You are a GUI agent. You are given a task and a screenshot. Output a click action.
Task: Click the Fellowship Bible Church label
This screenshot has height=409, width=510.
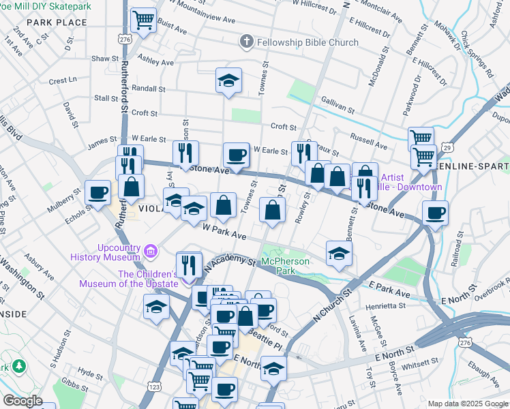click(307, 42)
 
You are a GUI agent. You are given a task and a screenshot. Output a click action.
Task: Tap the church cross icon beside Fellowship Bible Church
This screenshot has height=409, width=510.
click(246, 42)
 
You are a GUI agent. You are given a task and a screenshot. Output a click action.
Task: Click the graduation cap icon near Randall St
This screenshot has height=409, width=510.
click(229, 80)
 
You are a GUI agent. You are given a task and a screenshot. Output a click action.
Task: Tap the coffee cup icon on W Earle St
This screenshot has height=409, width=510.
click(237, 155)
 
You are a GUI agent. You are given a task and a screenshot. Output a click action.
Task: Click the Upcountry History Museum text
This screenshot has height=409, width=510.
click(104, 252)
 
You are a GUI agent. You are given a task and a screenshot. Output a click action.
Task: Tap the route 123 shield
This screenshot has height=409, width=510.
click(155, 386)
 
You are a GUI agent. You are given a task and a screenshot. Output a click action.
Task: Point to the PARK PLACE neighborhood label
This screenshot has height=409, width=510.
click(57, 22)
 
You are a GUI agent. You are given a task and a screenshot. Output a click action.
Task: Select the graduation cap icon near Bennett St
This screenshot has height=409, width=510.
click(339, 253)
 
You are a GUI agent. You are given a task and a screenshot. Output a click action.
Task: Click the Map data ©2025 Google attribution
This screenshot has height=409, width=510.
click(467, 403)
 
